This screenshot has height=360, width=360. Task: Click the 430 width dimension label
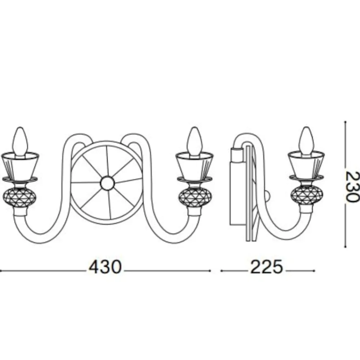click(105, 267)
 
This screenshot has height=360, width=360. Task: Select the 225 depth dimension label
click(266, 267)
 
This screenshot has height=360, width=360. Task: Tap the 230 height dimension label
click(352, 186)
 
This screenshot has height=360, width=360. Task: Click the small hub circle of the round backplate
click(107, 183)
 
